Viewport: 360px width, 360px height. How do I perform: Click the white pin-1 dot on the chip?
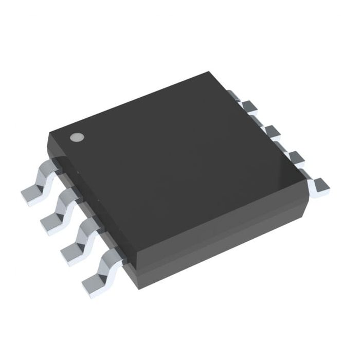point(76,137)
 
